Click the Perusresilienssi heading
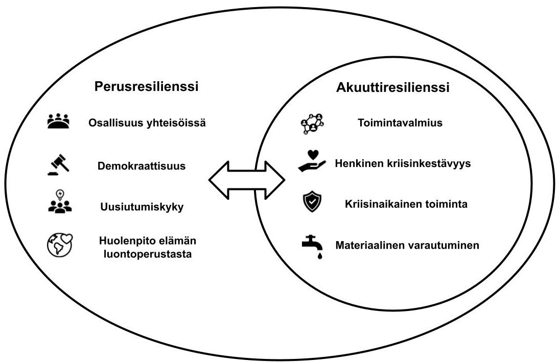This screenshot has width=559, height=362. coord(147,86)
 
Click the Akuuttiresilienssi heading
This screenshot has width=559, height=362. coord(392,87)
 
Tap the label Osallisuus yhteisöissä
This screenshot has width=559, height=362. coord(147,123)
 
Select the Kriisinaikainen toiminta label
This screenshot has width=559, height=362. coord(406,204)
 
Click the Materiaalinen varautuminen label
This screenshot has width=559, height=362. coord(407,245)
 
